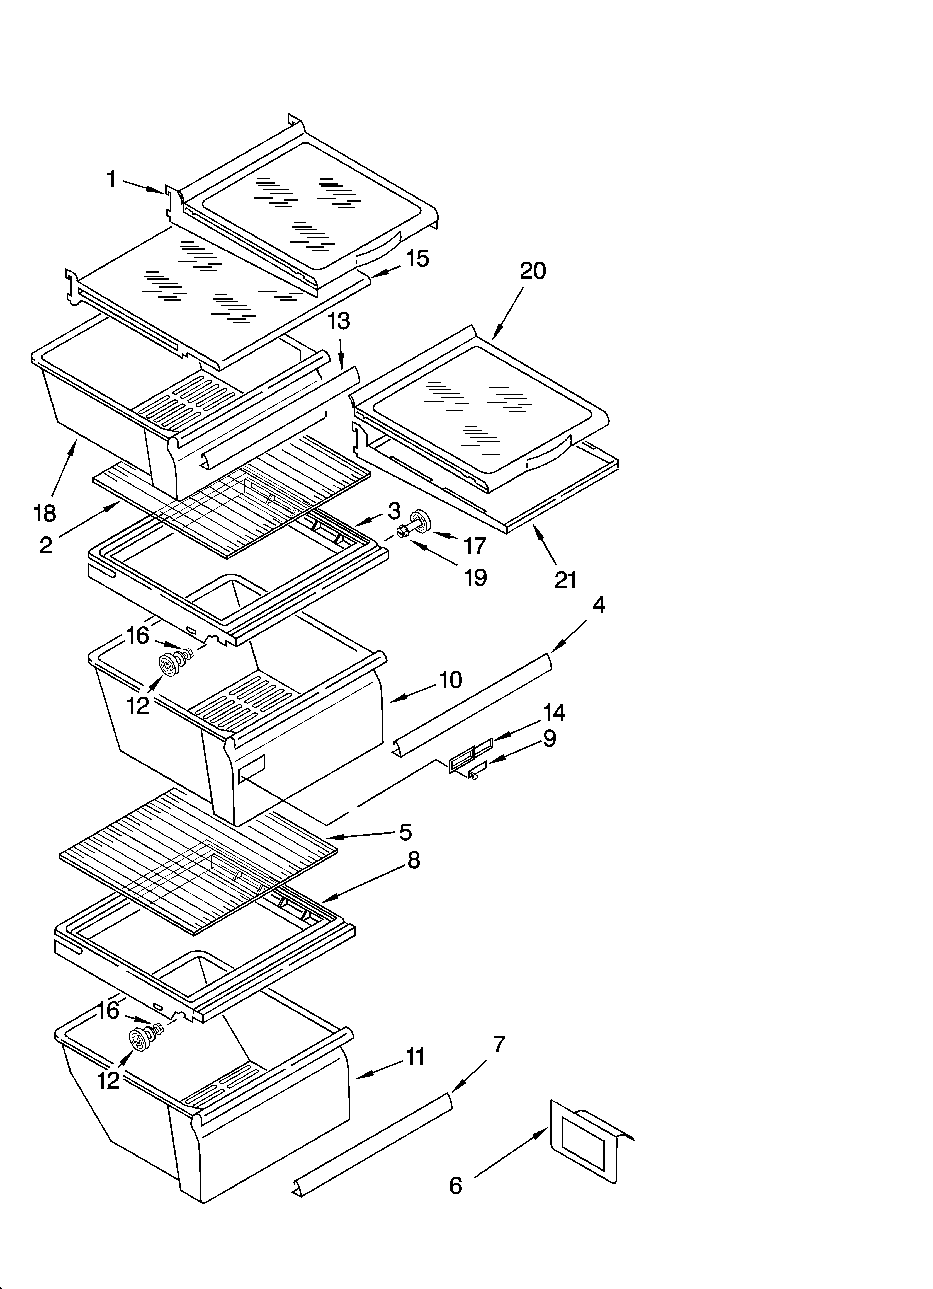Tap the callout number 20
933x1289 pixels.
tap(533, 271)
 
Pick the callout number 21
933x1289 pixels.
tap(565, 580)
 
